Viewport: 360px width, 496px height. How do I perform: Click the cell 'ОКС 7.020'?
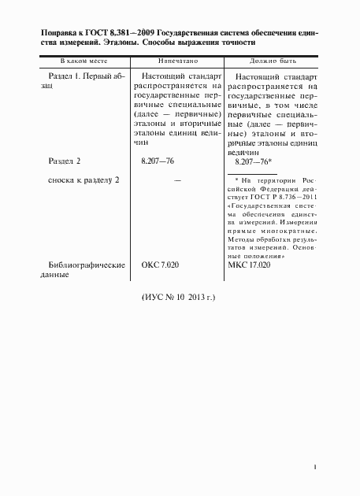pyautogui.click(x=159, y=265)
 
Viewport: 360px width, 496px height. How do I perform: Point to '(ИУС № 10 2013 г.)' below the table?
pyautogui.click(x=178, y=298)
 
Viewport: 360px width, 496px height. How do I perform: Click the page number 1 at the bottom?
pyautogui.click(x=315, y=468)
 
